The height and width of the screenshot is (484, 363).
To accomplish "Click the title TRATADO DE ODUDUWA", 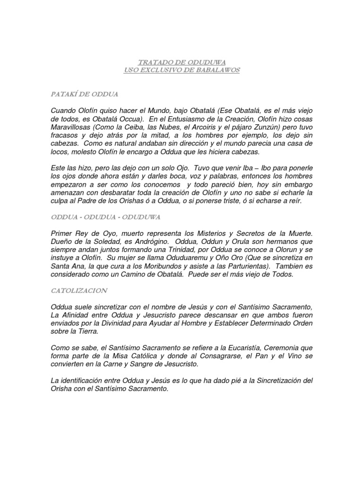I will (x=181, y=62).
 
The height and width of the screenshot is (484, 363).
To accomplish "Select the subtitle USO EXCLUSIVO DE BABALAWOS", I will (x=181, y=70).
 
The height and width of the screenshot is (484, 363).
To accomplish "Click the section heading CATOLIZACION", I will (x=80, y=290).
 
